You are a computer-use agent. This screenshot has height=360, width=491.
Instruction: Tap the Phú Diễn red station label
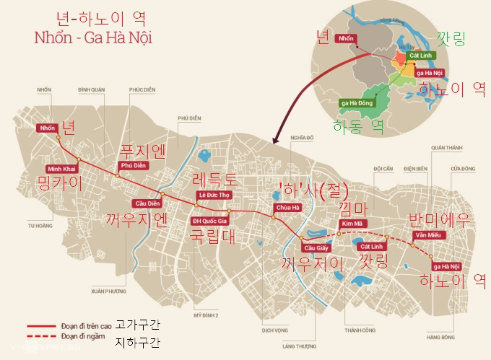[x=134, y=165]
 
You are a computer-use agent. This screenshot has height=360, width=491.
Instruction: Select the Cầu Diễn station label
[x=147, y=203]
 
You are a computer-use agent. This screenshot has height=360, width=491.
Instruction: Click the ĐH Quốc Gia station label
[x=209, y=221]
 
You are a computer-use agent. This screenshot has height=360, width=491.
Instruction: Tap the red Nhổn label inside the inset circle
[x=346, y=38]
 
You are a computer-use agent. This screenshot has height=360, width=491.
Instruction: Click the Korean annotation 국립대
[x=212, y=237]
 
